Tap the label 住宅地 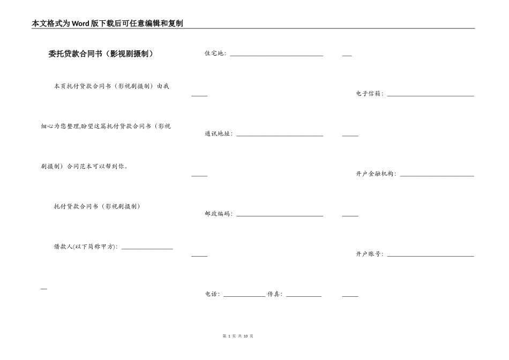[x=214, y=54]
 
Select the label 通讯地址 [x=218, y=134]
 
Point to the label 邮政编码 [x=218, y=214]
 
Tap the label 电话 [x=212, y=294]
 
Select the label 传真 [x=274, y=294]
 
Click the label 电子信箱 [x=369, y=94]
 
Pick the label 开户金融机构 [x=376, y=174]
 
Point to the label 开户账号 [x=369, y=254]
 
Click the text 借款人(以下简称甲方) [x=85, y=247]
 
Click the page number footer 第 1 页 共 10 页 [x=237, y=336]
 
